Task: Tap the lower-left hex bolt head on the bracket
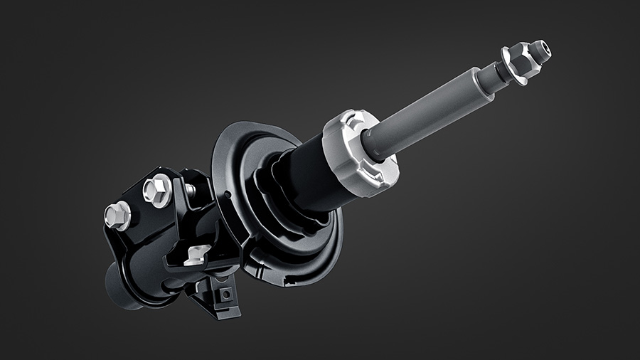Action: [117, 213]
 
